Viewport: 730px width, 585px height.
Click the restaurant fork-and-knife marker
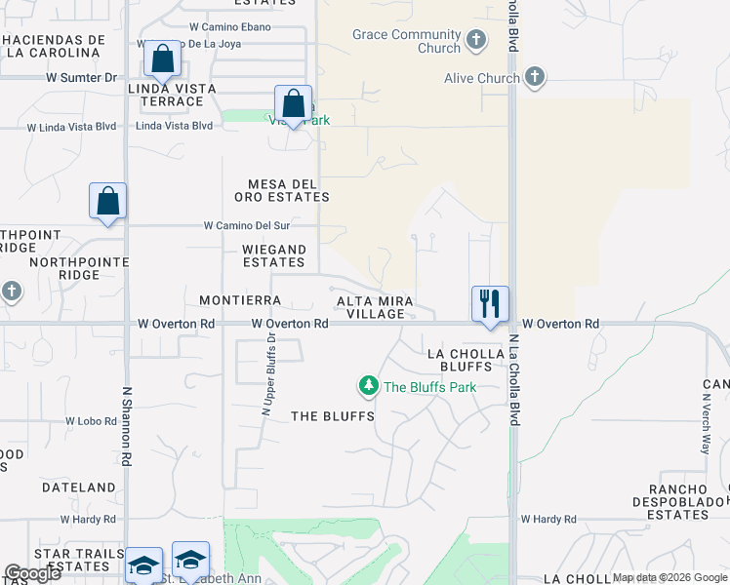point(490,302)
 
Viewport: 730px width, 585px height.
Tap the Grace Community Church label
point(406,42)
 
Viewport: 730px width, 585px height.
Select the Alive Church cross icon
point(534,76)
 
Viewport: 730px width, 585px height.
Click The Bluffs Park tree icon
point(369,387)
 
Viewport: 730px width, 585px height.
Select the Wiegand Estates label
point(274,255)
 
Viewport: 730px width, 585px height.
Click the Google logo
point(32,573)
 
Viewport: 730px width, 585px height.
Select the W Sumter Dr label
point(81,77)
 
